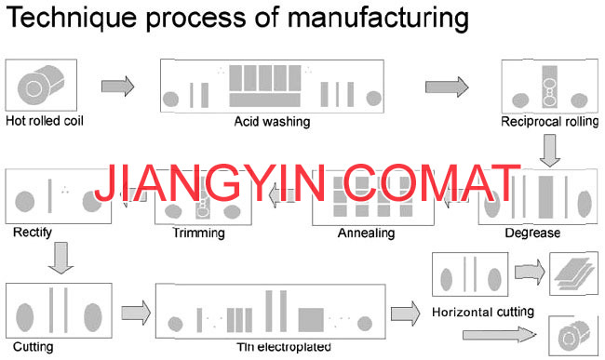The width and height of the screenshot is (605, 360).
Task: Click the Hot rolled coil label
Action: [x=45, y=121]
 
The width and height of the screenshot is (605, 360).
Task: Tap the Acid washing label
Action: [x=272, y=122]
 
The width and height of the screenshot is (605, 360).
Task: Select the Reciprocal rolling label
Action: [x=549, y=122]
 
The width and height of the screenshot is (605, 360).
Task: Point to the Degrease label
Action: [x=532, y=233]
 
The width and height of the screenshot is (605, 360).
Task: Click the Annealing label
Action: [x=366, y=233]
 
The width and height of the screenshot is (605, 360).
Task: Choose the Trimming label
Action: [x=198, y=233]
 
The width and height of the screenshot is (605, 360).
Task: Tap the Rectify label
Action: [x=33, y=232]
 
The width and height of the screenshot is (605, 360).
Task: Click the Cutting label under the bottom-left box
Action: [x=34, y=346]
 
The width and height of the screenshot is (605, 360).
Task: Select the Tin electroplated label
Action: [x=284, y=347]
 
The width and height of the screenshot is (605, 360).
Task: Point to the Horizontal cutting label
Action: [x=483, y=312]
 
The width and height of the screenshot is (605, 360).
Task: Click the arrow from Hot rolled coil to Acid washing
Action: [x=117, y=86]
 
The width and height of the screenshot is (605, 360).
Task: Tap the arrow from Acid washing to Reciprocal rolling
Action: [x=447, y=87]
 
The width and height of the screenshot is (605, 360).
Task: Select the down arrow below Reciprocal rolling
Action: [x=550, y=151]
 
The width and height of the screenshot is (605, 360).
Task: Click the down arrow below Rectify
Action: [x=60, y=258]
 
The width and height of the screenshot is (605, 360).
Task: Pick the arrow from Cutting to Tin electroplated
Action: [x=136, y=313]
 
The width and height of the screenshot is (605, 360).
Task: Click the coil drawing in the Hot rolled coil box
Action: [x=40, y=86]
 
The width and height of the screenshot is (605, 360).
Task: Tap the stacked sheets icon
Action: [x=573, y=274]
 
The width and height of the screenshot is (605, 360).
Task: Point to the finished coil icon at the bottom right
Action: [x=573, y=336]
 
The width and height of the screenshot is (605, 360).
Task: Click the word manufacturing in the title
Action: [x=379, y=18]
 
